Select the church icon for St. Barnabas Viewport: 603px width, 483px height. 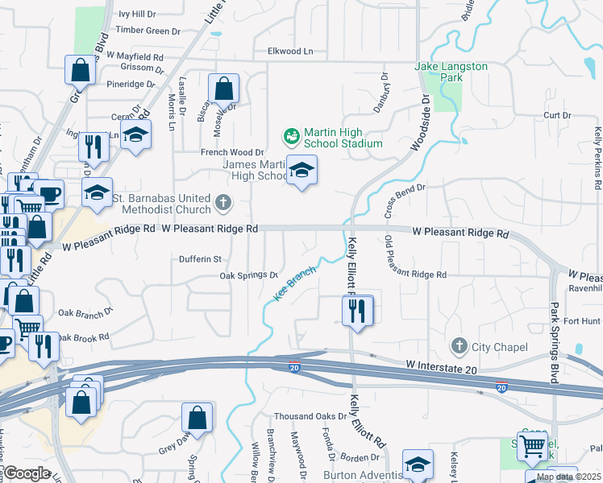[222, 204]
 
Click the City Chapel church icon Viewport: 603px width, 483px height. [460, 347]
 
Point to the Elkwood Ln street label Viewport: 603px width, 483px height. [290, 52]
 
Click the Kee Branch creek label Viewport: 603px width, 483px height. [294, 284]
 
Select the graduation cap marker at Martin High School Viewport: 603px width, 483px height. [302, 171]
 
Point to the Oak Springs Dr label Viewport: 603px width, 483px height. [249, 275]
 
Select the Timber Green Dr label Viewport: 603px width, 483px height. [148, 31]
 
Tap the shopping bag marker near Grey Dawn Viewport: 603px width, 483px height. [198, 419]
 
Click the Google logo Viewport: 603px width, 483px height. [27, 473]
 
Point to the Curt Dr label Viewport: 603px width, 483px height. [557, 116]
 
